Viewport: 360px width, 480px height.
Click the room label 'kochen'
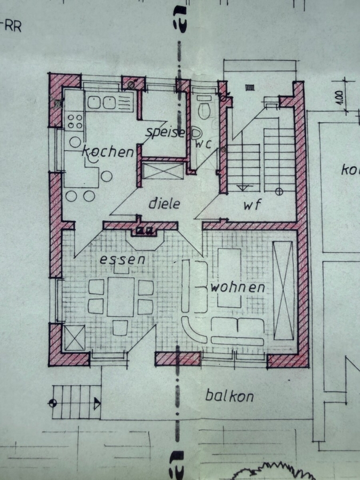(x=108, y=151)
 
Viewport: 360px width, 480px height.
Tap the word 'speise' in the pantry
(x=165, y=133)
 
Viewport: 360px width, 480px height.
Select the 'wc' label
(x=203, y=144)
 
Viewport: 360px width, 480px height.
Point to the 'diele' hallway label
(x=164, y=203)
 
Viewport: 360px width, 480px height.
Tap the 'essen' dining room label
(x=123, y=260)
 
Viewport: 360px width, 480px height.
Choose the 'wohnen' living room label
(x=238, y=287)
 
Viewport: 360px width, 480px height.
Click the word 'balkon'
(x=229, y=396)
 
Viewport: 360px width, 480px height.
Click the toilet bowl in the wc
(x=204, y=111)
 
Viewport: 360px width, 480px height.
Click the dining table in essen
(x=121, y=297)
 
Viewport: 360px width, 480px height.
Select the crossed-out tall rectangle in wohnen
(x=284, y=290)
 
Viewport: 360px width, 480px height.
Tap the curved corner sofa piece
(x=194, y=330)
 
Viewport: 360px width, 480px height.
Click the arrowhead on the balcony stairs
(x=97, y=404)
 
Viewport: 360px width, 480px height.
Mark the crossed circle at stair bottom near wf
(x=279, y=192)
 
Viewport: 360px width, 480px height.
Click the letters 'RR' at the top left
(x=13, y=27)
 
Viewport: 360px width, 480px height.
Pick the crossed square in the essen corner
(x=75, y=338)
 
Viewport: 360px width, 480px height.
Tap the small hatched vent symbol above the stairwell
(x=250, y=88)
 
